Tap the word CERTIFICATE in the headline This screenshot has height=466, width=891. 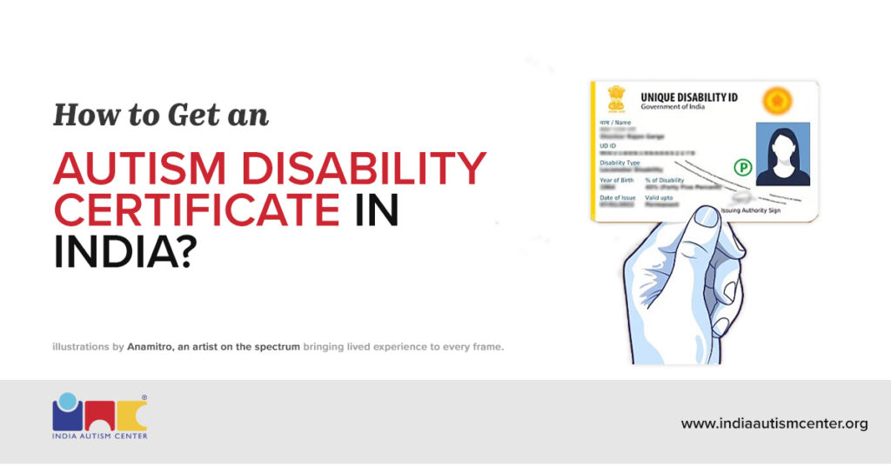(196, 211)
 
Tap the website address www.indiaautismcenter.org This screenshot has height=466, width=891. (774, 423)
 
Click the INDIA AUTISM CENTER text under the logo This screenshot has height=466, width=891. (99, 435)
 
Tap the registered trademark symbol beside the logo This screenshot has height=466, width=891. (144, 398)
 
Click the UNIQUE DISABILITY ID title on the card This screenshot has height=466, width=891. (688, 97)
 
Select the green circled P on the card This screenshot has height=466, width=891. (742, 166)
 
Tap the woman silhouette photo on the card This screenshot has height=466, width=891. (782, 154)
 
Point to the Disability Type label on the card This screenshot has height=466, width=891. (620, 163)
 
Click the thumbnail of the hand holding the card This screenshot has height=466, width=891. (688, 287)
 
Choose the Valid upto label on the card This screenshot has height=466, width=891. (659, 197)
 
